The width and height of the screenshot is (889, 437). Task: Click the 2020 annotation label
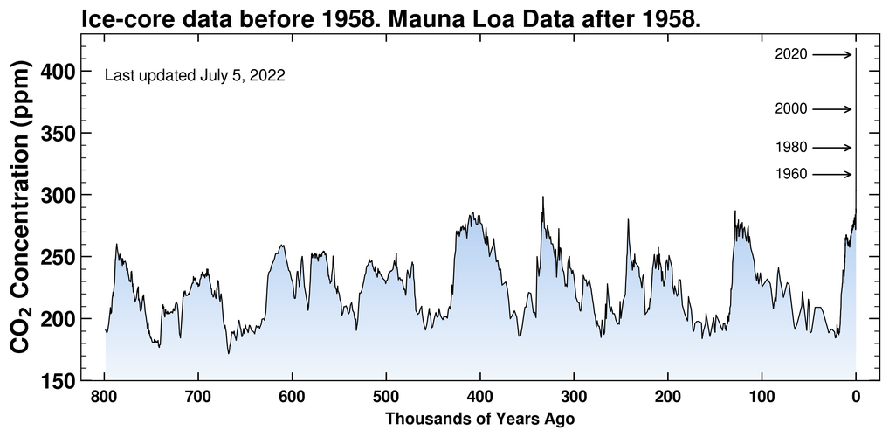791,55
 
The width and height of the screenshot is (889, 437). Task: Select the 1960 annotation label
791,175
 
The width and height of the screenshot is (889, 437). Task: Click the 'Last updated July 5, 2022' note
195,76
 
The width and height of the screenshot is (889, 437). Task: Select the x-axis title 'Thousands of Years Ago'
479,420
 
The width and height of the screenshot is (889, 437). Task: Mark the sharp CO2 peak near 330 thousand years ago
543,198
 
